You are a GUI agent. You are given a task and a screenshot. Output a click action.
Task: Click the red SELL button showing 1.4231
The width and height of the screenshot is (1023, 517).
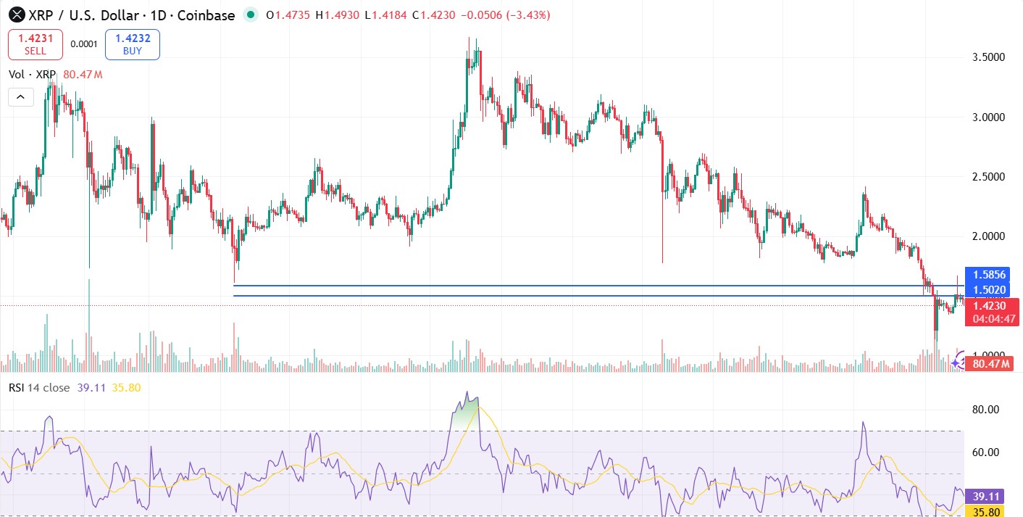pos(35,44)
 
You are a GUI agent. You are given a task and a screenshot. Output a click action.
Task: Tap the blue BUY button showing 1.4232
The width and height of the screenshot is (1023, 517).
pos(132,44)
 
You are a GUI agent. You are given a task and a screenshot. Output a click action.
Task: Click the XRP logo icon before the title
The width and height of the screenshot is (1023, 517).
pos(14,15)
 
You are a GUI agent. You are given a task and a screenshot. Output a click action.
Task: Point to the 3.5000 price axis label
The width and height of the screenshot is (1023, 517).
pos(988,57)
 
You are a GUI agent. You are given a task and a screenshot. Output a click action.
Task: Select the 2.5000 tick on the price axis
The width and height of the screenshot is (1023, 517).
pos(988,177)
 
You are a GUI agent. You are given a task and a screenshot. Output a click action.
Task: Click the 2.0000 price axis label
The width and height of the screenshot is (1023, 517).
pos(988,236)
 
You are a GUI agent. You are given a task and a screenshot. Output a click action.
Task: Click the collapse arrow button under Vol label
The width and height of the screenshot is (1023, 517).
pos(20,96)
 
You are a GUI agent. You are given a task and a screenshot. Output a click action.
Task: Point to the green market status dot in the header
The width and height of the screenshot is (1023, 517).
pos(251,15)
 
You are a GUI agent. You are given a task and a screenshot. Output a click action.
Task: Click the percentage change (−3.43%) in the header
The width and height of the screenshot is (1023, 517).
pos(523,15)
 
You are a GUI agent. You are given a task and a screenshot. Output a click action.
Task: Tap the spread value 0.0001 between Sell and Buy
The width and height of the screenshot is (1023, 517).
pos(83,44)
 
